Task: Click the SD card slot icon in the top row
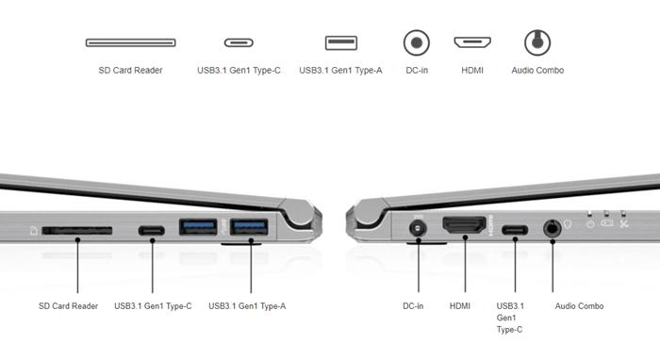coord(130,42)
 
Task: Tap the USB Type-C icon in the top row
coord(239,42)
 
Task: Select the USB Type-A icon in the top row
coord(341,42)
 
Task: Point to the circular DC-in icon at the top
coord(417,42)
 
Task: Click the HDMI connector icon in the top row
coord(472,42)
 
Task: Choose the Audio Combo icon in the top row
coord(537,42)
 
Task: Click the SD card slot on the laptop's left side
coord(77,231)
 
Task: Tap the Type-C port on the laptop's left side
coord(152,231)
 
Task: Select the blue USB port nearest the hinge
coord(249,227)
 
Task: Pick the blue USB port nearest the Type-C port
coord(198,227)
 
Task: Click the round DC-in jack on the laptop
coord(418,229)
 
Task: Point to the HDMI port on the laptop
coord(464,225)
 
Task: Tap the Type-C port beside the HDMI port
coord(515,230)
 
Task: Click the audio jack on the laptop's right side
coord(552,229)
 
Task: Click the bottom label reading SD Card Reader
coord(68,306)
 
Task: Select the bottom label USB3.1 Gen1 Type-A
coord(247,306)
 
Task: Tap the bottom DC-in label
coord(413,306)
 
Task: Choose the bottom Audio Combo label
coord(579,306)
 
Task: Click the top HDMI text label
coord(472,71)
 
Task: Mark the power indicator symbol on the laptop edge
coord(590,223)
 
